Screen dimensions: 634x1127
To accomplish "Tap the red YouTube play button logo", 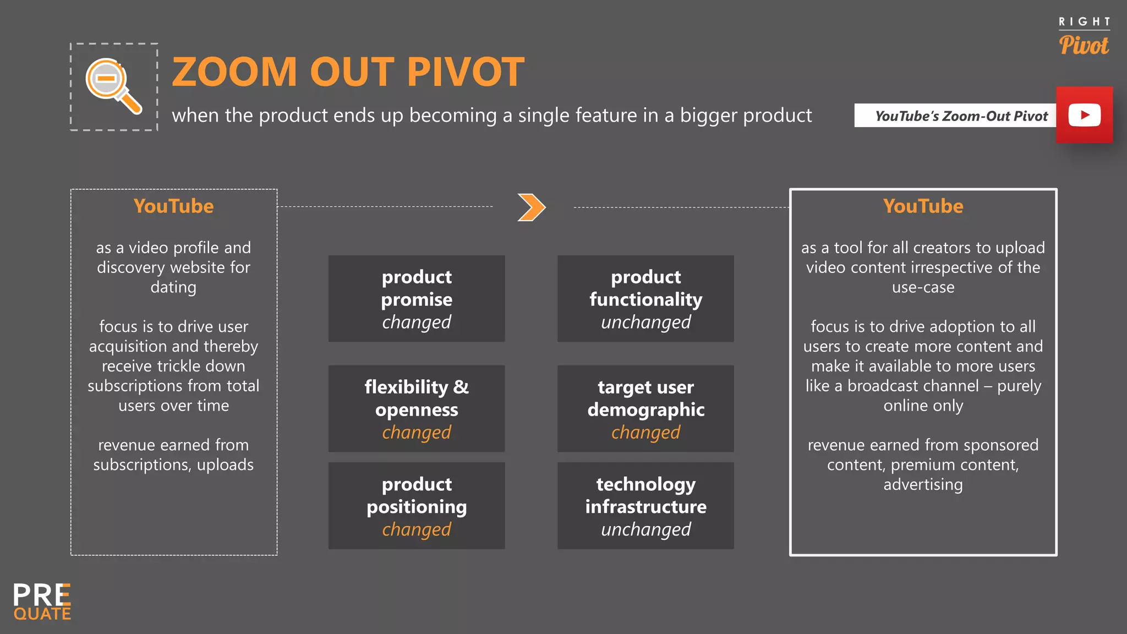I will click(1084, 115).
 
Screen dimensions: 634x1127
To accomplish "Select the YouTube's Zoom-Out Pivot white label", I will click(955, 116).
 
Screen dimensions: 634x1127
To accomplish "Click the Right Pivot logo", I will click(1084, 37).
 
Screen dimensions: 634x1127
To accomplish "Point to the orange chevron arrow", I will click(531, 207).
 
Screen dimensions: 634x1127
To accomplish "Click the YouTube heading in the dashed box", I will click(173, 206).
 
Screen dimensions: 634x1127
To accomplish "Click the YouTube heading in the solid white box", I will click(923, 206).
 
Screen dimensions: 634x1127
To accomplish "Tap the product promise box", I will click(417, 299).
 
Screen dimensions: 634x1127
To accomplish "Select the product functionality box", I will click(645, 299).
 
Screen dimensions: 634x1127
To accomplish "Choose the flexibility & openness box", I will click(417, 409).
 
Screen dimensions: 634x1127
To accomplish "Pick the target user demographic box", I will click(645, 409).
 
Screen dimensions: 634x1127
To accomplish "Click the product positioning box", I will click(417, 506).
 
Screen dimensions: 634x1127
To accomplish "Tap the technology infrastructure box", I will click(645, 506).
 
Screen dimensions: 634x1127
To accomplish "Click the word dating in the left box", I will click(173, 287).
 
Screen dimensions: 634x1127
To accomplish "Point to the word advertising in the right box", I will click(923, 485).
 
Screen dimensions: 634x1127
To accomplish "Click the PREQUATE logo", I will click(42, 602).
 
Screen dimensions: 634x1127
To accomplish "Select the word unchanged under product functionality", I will click(645, 323).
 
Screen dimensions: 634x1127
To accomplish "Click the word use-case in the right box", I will click(923, 287).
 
